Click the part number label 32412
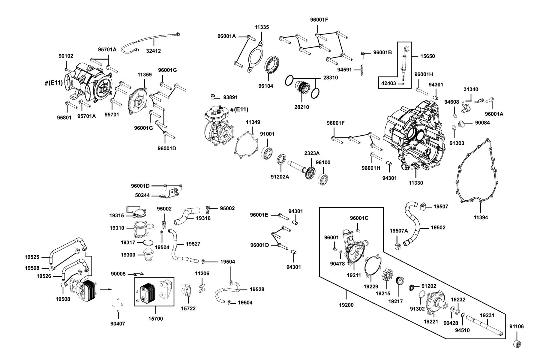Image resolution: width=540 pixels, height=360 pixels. click(x=153, y=51)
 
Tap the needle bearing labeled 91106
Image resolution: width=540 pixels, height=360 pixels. click(x=517, y=343)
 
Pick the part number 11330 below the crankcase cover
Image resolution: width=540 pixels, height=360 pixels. click(x=416, y=183)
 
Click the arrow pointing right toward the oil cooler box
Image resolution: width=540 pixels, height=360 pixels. click(x=106, y=289)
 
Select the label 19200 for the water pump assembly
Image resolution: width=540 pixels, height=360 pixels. click(x=346, y=305)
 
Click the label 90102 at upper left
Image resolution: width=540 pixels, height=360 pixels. click(x=66, y=56)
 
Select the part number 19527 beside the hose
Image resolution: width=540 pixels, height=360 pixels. click(x=193, y=244)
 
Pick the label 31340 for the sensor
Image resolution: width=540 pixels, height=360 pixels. click(x=471, y=89)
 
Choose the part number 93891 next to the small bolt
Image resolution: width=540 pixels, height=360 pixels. click(x=230, y=97)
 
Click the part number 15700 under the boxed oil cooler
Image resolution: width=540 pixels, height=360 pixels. click(x=156, y=319)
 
